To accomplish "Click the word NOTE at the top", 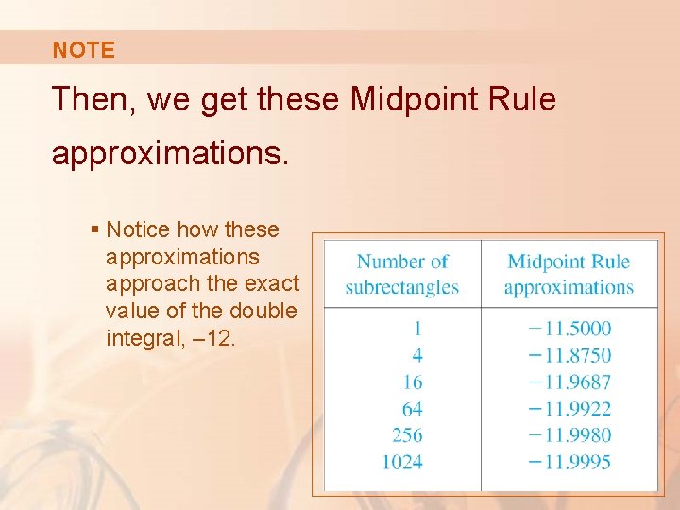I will pyautogui.click(x=83, y=51).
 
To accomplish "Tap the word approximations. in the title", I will pyautogui.click(x=169, y=153).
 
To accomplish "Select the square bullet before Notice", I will pyautogui.click(x=94, y=229).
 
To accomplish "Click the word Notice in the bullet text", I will pyautogui.click(x=138, y=229).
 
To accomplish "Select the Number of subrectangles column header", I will pyautogui.click(x=402, y=274).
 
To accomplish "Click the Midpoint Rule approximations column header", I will pyautogui.click(x=569, y=274).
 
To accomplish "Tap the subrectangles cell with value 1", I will pyautogui.click(x=417, y=329).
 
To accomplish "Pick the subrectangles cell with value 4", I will pyautogui.click(x=417, y=355).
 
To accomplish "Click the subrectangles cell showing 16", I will pyautogui.click(x=413, y=382).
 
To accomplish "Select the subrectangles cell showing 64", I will pyautogui.click(x=413, y=409).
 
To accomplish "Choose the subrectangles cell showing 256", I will pyautogui.click(x=407, y=435).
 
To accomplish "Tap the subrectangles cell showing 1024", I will pyautogui.click(x=402, y=462).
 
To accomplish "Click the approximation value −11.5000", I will pyautogui.click(x=569, y=329).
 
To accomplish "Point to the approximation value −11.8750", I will pyautogui.click(x=569, y=355).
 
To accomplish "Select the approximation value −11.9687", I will pyautogui.click(x=569, y=382).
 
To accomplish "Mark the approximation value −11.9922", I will pyautogui.click(x=569, y=409).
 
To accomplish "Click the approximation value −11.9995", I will pyautogui.click(x=569, y=462).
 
